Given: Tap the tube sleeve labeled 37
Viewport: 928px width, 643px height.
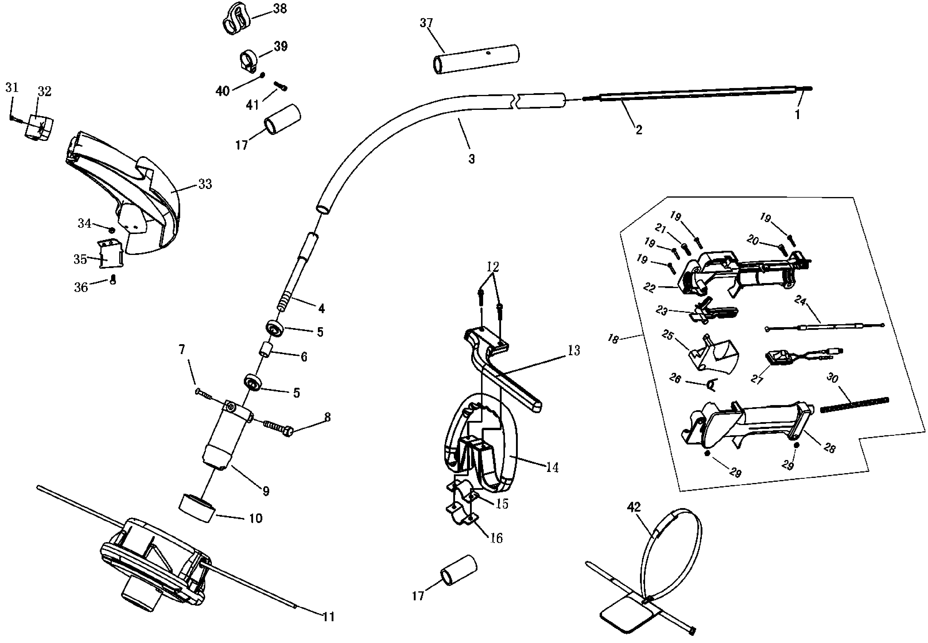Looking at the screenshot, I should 476,59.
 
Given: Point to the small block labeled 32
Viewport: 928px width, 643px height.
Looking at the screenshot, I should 39,127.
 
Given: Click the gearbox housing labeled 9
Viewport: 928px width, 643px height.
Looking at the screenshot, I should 224,439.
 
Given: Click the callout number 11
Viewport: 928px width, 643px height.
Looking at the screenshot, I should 329,617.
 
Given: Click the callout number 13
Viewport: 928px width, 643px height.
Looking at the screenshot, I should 573,350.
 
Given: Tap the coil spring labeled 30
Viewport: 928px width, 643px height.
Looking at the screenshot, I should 855,405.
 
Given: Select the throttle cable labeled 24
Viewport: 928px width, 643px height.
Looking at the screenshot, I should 824,327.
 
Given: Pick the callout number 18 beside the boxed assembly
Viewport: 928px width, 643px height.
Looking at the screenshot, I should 613,339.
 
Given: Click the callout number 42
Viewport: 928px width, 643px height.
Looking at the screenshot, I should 634,507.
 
